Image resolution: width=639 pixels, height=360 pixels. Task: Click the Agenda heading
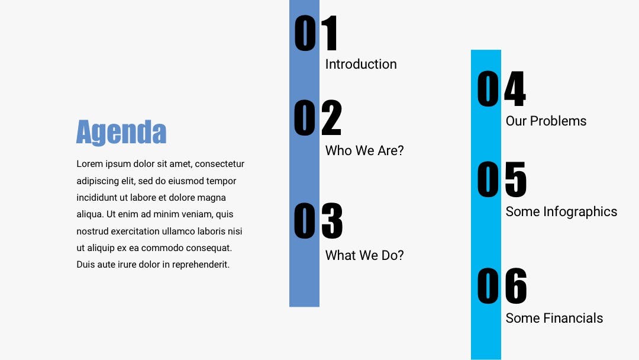(121, 132)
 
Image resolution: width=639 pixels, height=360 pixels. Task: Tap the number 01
(316, 33)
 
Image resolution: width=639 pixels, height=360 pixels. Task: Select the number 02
(318, 117)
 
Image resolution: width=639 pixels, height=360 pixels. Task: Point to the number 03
(318, 221)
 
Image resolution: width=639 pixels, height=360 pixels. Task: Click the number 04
(501, 88)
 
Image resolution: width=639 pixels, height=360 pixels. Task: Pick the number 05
(502, 179)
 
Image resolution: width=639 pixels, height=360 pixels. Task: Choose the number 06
(502, 286)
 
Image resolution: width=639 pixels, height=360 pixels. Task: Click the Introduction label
(361, 64)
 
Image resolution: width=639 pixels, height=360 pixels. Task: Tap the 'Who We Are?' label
(364, 150)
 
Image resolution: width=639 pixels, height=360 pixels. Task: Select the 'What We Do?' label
(364, 255)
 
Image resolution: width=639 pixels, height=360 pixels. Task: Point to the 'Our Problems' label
(546, 121)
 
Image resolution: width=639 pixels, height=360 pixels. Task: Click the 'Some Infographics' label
(561, 211)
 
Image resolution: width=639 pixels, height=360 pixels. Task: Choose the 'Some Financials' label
(554, 318)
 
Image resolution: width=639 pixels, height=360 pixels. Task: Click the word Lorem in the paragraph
(90, 164)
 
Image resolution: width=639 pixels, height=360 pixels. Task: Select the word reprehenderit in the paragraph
(201, 265)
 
